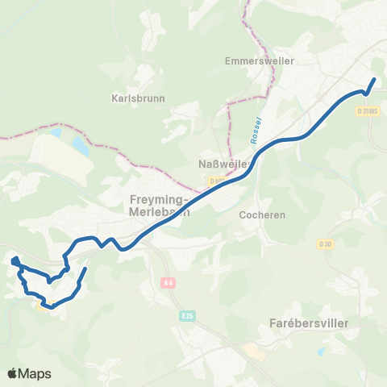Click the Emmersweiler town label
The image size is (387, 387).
[x=260, y=60]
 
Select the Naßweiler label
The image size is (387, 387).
[x=222, y=164]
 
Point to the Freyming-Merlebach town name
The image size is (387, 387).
[x=159, y=206]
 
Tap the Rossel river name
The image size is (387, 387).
[x=255, y=131]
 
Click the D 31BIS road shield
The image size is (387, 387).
[x=367, y=111]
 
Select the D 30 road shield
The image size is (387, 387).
[x=325, y=243]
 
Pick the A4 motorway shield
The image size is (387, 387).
[x=168, y=282]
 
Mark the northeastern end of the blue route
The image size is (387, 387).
[x=374, y=79]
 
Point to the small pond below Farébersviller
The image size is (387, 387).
[x=322, y=352]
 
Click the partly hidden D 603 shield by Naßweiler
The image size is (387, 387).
[x=215, y=181]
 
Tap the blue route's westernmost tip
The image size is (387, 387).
[x=13, y=260]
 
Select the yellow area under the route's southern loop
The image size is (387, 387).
[x=47, y=306]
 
